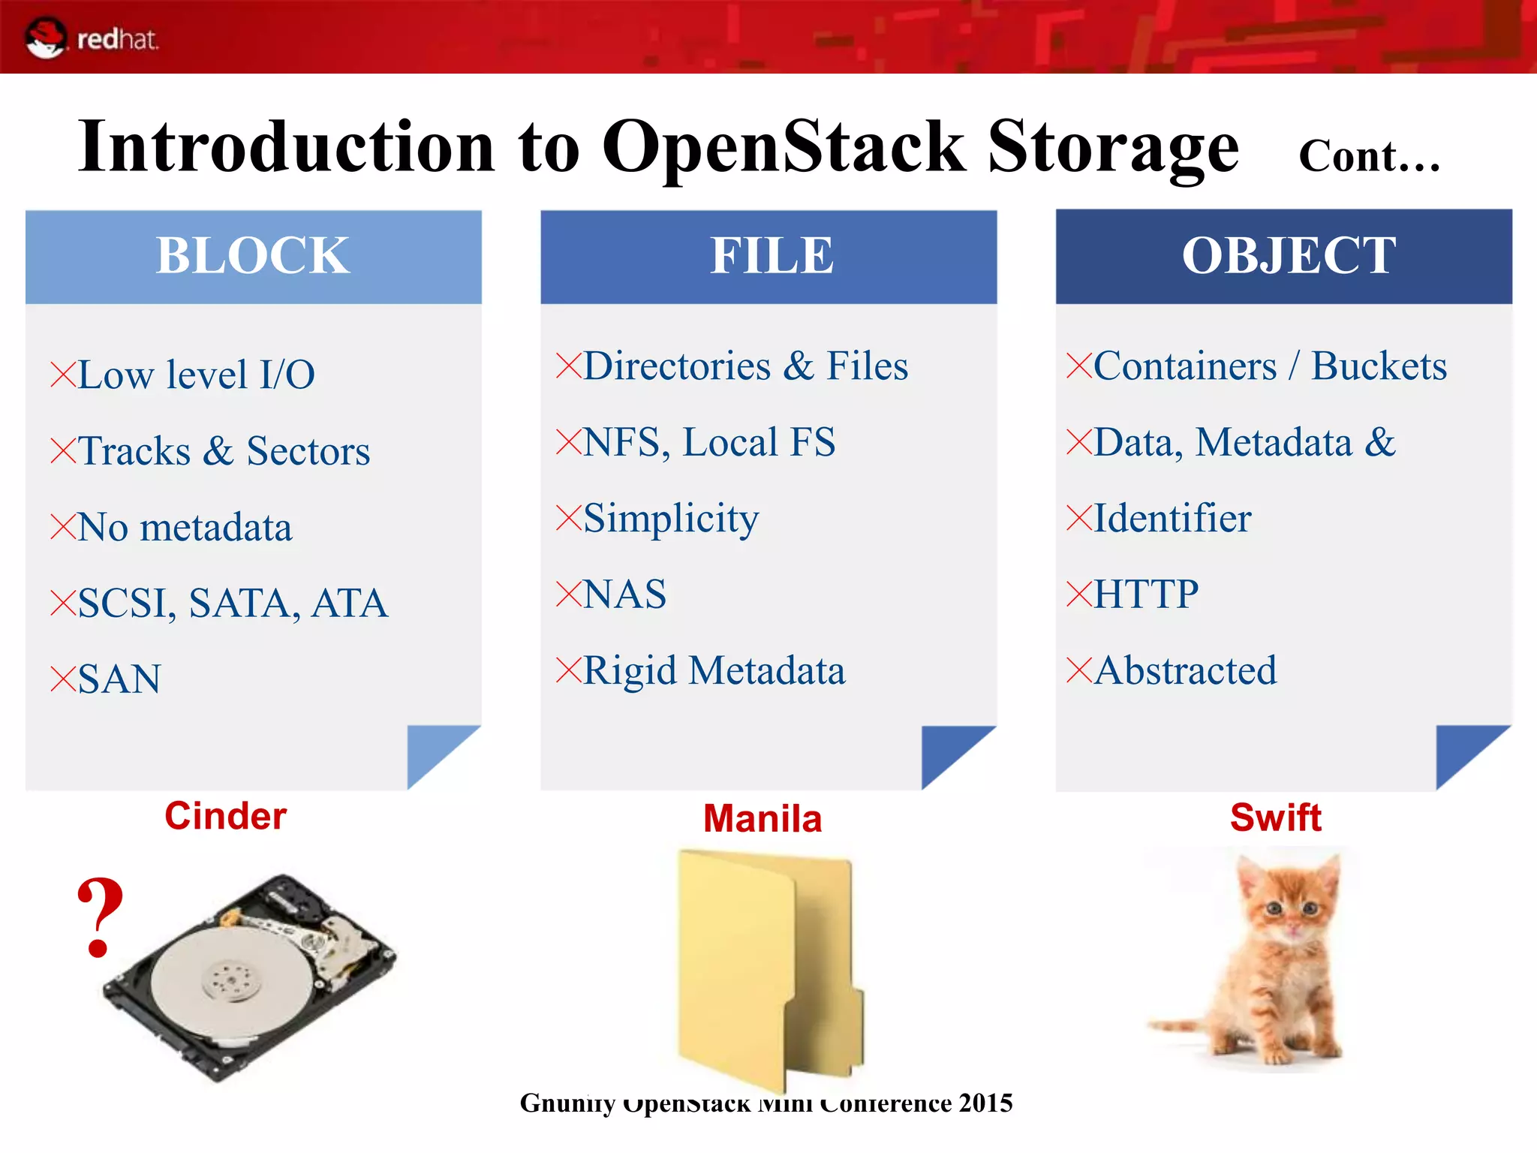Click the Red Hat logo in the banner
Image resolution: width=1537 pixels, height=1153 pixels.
pyautogui.click(x=90, y=38)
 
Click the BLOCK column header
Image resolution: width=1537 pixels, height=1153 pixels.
pyautogui.click(x=253, y=256)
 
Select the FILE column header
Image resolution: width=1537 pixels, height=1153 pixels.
pyautogui.click(x=771, y=256)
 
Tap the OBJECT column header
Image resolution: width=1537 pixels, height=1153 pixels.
pyautogui.click(x=1288, y=256)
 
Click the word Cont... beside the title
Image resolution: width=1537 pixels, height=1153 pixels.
pyautogui.click(x=1368, y=156)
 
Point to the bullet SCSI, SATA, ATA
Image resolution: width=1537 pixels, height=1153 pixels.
pyautogui.click(x=232, y=603)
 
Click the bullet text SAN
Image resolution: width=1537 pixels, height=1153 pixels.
pyautogui.click(x=119, y=679)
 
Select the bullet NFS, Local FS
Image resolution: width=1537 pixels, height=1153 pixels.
pyautogui.click(x=708, y=442)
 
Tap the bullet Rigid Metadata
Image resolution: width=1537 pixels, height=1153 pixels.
pyautogui.click(x=713, y=670)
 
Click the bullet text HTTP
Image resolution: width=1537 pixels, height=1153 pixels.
pyautogui.click(x=1145, y=595)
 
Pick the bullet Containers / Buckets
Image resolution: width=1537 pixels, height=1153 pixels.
pyautogui.click(x=1270, y=366)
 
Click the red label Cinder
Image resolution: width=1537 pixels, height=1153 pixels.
pyautogui.click(x=225, y=816)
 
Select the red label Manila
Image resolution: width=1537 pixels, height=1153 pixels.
pyautogui.click(x=762, y=818)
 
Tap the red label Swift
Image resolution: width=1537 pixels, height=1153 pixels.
pyautogui.click(x=1275, y=817)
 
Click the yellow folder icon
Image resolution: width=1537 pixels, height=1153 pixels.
pyautogui.click(x=765, y=968)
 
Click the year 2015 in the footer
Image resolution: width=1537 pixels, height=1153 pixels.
pyautogui.click(x=985, y=1103)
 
